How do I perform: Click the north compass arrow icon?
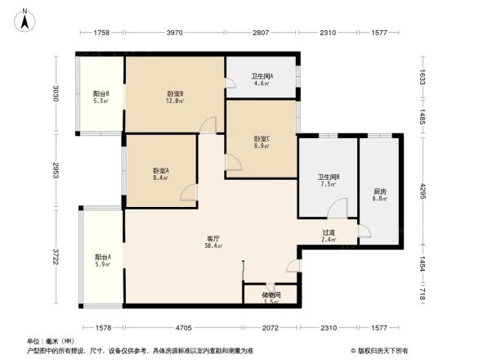pos(25,20)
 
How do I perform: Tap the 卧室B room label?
pos(175,93)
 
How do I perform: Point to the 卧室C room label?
pos(261,138)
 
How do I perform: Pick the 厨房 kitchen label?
pos(378,191)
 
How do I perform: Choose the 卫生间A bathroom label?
pos(262,76)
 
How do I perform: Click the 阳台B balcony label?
pos(101,93)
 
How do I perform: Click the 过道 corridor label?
pos(329,232)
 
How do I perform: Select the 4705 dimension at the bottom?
pos(183,328)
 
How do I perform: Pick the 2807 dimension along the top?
pos(260,33)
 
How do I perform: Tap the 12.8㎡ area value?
pos(175,101)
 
